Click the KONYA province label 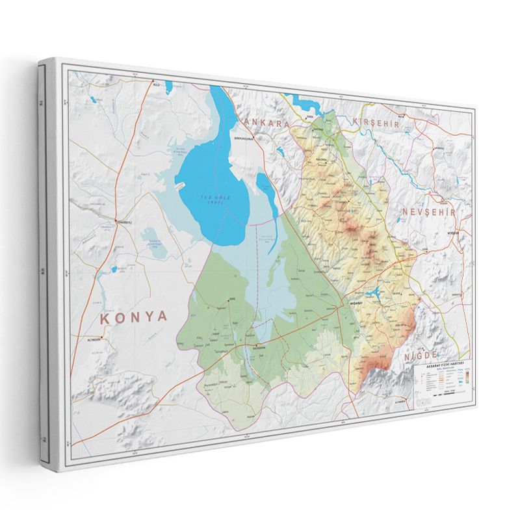coord(133,317)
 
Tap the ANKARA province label coord(265,123)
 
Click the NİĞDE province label coord(426,357)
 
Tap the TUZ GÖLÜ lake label coord(215,198)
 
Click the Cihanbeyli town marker coord(118,222)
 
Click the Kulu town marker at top coord(155,83)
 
